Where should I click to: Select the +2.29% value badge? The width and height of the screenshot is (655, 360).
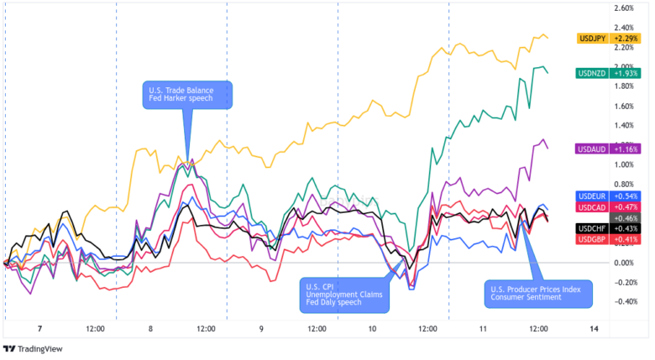pyautogui.click(x=627, y=39)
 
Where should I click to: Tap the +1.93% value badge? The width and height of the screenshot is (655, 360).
pyautogui.click(x=627, y=74)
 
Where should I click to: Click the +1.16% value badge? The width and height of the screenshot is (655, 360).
pyautogui.click(x=627, y=149)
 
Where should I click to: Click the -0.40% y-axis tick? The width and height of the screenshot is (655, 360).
pyautogui.click(x=626, y=302)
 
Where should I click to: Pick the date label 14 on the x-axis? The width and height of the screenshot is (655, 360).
pyautogui.click(x=595, y=329)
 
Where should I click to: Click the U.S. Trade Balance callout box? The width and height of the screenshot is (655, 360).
pyautogui.click(x=186, y=93)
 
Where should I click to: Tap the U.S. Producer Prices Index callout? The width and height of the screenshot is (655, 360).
pyautogui.click(x=538, y=294)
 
